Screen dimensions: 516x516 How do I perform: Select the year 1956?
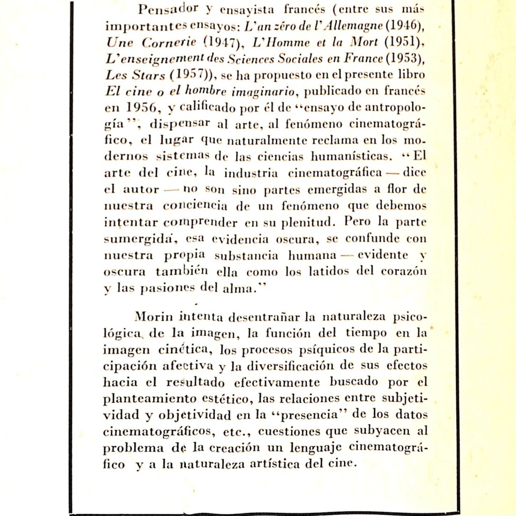coord(141,108)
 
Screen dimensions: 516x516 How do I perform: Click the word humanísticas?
coord(350,156)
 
